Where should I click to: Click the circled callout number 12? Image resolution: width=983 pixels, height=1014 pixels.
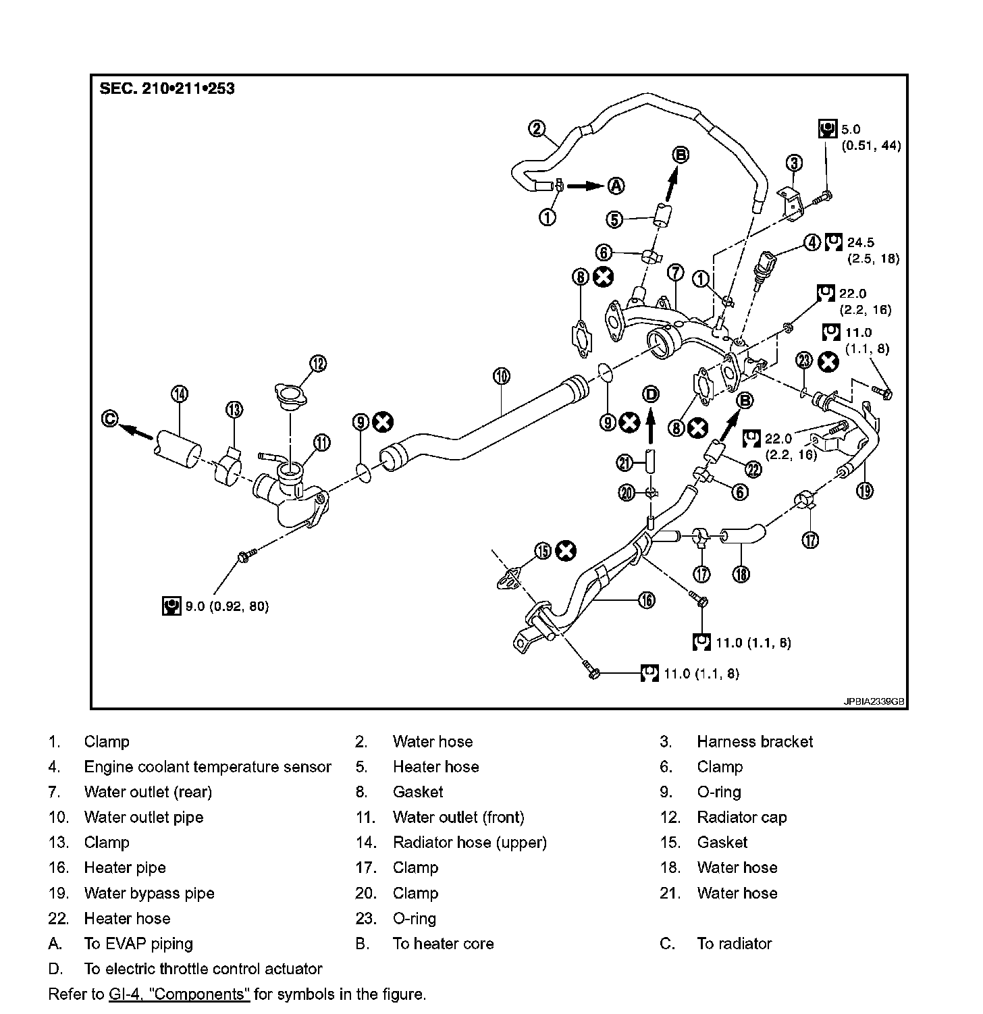tap(318, 363)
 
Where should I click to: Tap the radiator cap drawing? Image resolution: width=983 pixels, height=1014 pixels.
tap(290, 394)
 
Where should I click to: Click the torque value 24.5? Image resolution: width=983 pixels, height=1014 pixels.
tap(860, 242)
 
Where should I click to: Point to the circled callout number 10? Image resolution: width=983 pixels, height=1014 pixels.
tap(501, 375)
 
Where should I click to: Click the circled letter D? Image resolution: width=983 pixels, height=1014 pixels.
tap(651, 394)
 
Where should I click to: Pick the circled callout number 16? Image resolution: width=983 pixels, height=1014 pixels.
tap(647, 599)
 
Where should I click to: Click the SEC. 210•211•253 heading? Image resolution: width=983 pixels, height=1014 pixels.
tap(167, 88)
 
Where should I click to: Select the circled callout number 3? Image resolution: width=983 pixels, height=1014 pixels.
tap(795, 163)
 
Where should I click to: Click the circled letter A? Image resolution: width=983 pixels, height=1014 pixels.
tap(616, 185)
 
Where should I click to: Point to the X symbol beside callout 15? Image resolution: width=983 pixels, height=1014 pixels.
tap(566, 552)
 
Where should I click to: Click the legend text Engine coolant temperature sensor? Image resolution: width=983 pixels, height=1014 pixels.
tap(207, 767)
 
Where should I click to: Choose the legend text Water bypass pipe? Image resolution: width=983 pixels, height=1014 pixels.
tap(149, 893)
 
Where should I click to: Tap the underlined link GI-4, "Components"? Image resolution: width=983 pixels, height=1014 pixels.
tap(179, 994)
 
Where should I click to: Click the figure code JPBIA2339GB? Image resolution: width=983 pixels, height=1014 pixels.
tap(874, 701)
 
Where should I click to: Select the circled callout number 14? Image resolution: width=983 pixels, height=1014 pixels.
tap(180, 394)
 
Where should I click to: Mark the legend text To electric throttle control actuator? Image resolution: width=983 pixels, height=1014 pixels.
tap(203, 969)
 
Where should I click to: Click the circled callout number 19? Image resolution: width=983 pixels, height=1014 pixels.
tap(865, 491)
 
